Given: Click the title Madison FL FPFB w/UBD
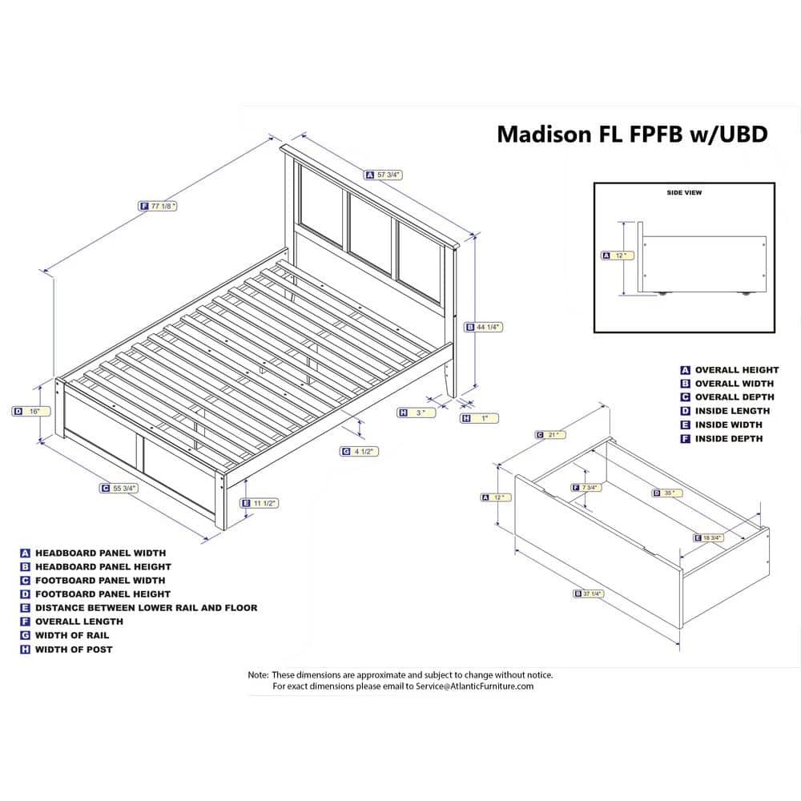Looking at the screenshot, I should pyautogui.click(x=632, y=133).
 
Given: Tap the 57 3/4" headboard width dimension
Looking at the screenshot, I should pyautogui.click(x=388, y=174).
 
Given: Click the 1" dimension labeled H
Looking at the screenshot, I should pyautogui.click(x=483, y=417).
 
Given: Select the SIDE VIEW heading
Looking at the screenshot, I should pyautogui.click(x=683, y=193).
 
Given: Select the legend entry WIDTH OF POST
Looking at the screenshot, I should pyautogui.click(x=74, y=649).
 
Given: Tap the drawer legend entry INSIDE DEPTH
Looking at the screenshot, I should pyautogui.click(x=728, y=438).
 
